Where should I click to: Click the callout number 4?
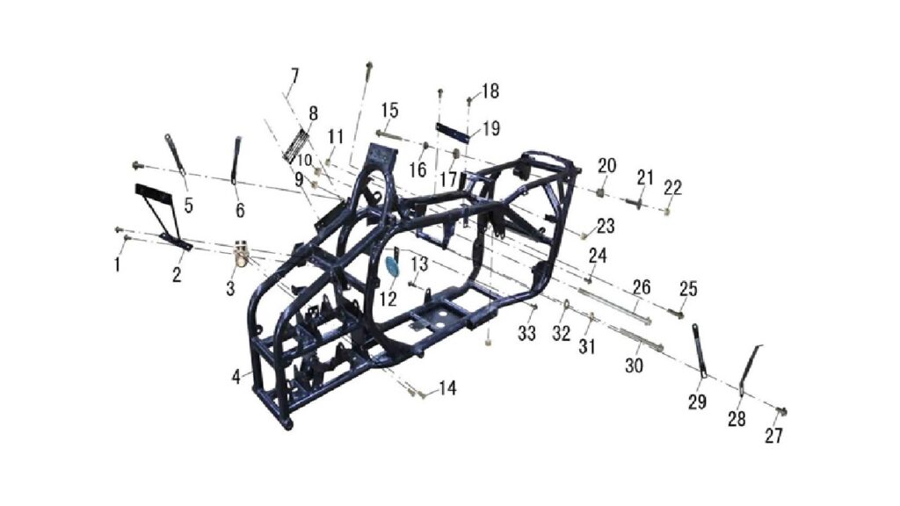pos(236,377)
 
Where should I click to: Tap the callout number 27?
pos(773,436)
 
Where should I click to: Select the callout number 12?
pos(388,299)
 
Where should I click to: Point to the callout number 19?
pos(490,128)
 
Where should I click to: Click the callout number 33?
pos(526,333)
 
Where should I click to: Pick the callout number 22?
pos(672,187)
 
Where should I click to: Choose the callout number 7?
pos(294,76)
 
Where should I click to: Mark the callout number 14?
pos(447,388)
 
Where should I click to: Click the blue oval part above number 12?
pos(392,267)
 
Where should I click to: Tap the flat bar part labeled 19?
pos(453,132)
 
